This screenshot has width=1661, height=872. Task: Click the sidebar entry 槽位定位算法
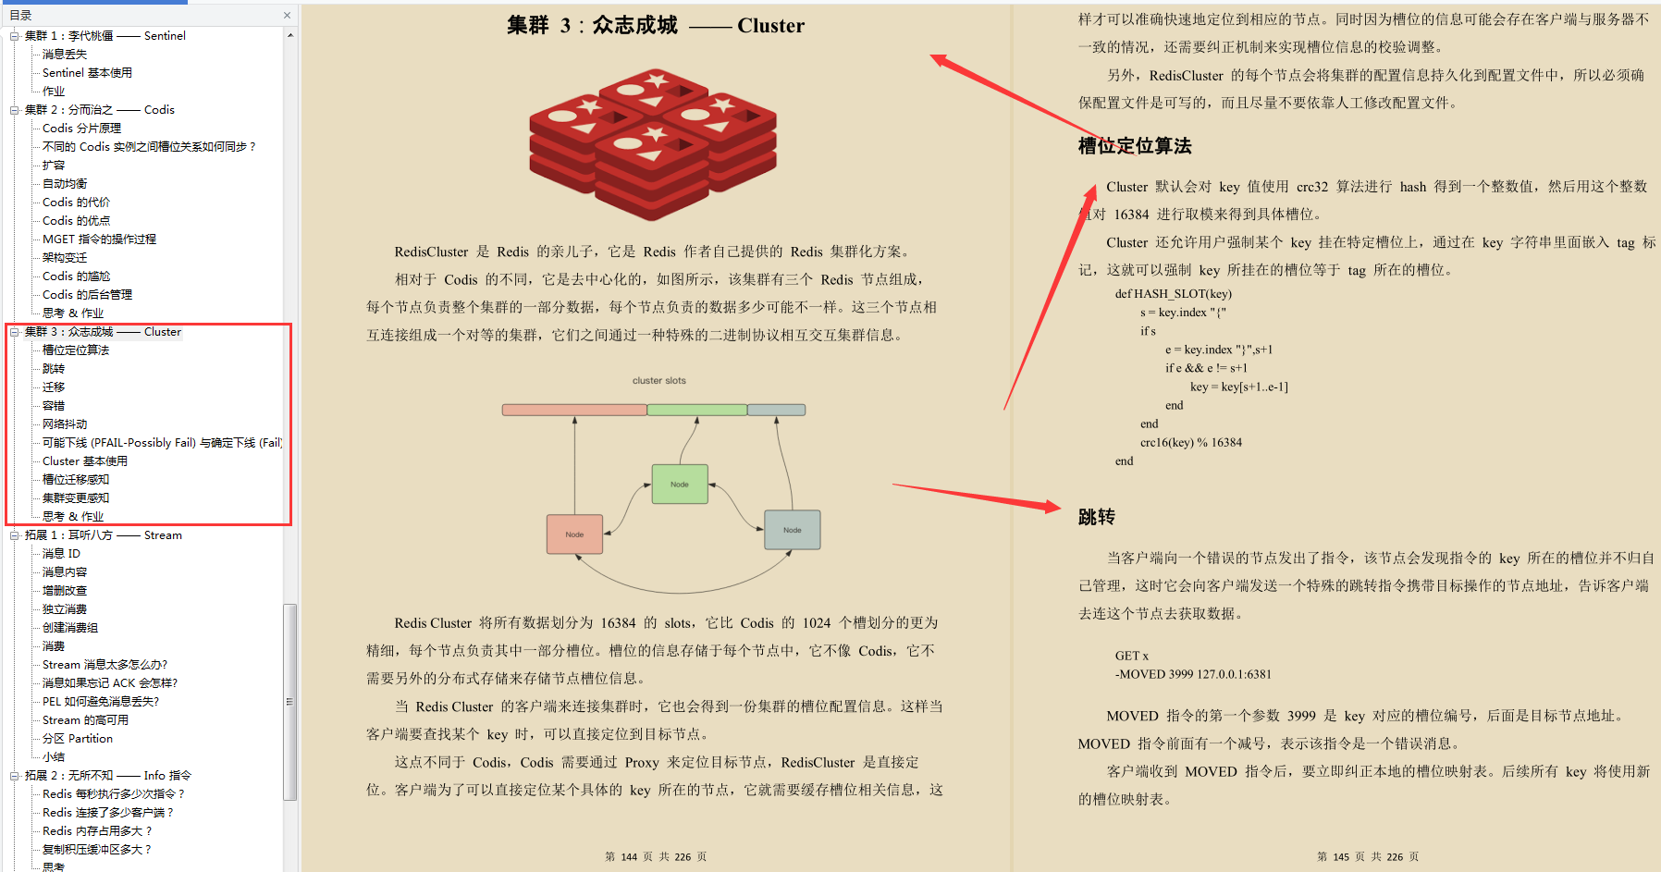point(76,350)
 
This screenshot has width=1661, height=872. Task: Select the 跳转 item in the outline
point(54,369)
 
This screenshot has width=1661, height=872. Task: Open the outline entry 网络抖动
point(65,424)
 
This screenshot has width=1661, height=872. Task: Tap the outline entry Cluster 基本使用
point(85,461)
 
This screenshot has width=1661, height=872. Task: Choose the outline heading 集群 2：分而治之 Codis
point(99,110)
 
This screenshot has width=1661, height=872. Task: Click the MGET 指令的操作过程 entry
point(99,239)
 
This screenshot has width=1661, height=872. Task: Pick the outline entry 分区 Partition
point(78,739)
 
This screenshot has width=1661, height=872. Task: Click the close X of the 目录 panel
point(287,15)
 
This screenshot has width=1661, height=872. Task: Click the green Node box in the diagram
point(680,484)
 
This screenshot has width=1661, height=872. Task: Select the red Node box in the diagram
point(574,534)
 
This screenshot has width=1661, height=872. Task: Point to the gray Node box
point(793,530)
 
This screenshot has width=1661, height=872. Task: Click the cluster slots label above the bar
point(659,381)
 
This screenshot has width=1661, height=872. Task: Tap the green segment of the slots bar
point(697,410)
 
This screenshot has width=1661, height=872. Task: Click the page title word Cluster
point(770,26)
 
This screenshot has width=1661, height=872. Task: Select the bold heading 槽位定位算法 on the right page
point(1135,146)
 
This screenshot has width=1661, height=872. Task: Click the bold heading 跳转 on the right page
point(1097,517)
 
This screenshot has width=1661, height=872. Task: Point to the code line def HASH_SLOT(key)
point(1173,294)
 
